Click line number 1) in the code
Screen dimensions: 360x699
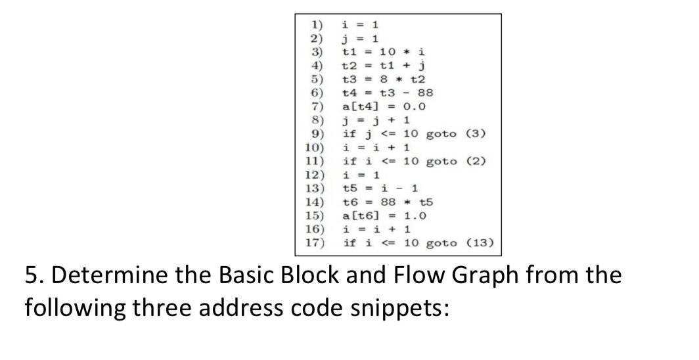[317, 24]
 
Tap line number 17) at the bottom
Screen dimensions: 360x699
[315, 244]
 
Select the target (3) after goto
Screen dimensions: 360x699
[476, 134]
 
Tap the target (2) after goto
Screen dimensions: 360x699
[476, 162]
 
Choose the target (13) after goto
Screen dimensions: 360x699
[480, 244]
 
